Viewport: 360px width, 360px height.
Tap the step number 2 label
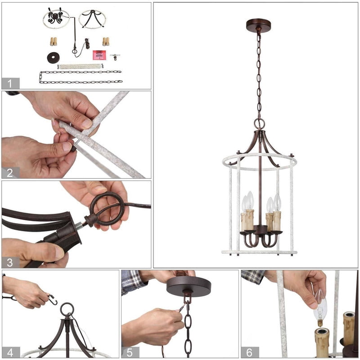tap(10, 173)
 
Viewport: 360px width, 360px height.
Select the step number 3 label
tap(10, 263)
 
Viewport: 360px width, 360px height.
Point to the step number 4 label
tap(10, 352)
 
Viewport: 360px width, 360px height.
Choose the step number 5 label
tap(130, 352)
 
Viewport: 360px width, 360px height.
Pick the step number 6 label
tap(249, 352)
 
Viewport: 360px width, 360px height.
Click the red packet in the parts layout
tap(99, 55)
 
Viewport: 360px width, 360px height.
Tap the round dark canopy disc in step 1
tap(53, 58)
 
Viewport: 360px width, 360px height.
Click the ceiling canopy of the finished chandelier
tap(258, 24)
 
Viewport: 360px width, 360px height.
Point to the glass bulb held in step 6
tap(320, 310)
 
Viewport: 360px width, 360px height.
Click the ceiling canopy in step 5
tap(189, 286)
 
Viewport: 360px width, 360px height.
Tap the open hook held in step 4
tap(52, 300)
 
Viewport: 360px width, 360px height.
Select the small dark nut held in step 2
tap(73, 148)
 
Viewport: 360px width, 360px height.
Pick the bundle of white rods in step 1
tap(81, 66)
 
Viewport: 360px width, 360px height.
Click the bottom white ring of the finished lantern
tap(259, 252)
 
